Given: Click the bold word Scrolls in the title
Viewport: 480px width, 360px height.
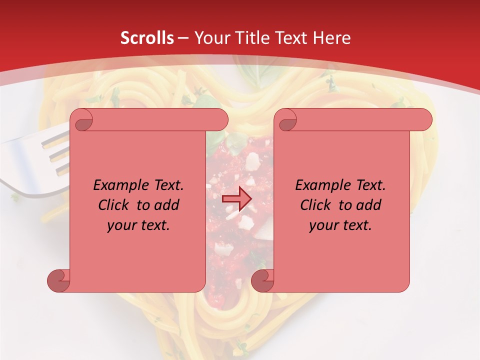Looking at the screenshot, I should pyautogui.click(x=147, y=38).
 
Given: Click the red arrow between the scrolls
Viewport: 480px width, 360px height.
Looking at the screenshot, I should pyautogui.click(x=236, y=199).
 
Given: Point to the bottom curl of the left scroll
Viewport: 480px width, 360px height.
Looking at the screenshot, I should pyautogui.click(x=58, y=280).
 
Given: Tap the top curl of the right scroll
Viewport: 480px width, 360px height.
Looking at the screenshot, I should pyautogui.click(x=287, y=120).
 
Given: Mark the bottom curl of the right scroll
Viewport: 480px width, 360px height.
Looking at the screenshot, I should pyautogui.click(x=262, y=280).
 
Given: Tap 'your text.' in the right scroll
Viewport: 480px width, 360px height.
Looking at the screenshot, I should pyautogui.click(x=340, y=225).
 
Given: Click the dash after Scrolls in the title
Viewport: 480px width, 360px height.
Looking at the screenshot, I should pyautogui.click(x=183, y=38).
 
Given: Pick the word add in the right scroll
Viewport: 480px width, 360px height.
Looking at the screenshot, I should pyautogui.click(x=368, y=205).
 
